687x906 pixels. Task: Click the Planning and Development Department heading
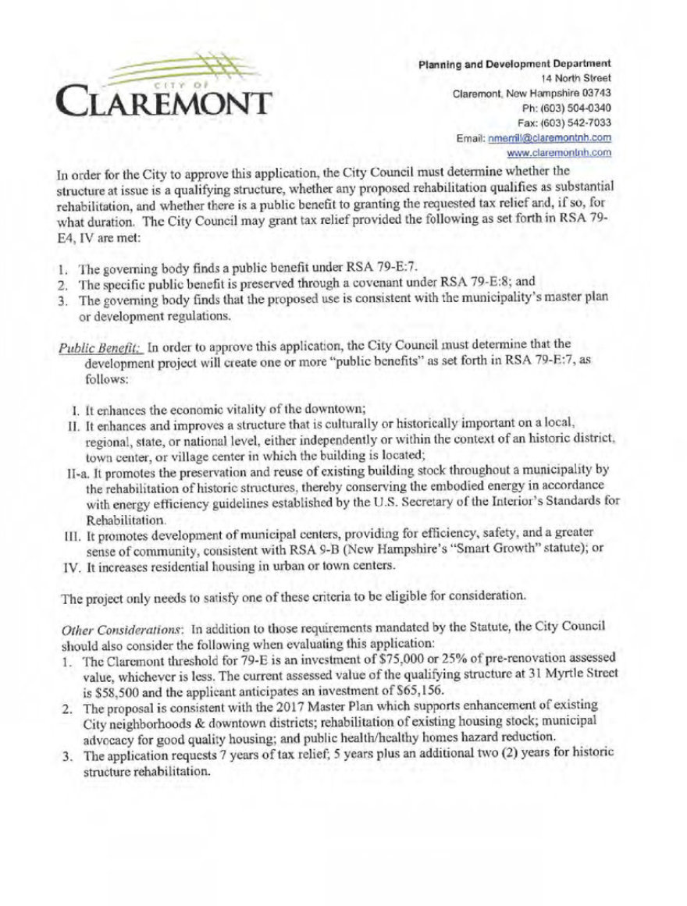(514, 63)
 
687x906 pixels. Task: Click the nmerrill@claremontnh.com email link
(550, 138)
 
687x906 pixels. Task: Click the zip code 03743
(593, 93)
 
